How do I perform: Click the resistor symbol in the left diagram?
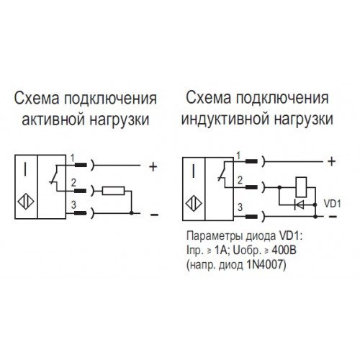click(113, 191)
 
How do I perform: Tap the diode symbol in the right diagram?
click(299, 204)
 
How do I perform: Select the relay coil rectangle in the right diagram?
click(301, 187)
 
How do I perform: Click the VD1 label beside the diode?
click(333, 204)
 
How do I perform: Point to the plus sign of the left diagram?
click(153, 166)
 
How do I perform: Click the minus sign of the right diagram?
click(333, 217)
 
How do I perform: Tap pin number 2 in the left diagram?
click(73, 183)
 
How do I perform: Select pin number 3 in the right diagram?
click(240, 207)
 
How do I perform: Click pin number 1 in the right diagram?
click(238, 156)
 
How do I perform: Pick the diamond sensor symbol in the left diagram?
click(26, 201)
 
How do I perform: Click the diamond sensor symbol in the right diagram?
click(194, 204)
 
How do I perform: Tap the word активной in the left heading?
click(53, 120)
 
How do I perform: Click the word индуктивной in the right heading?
click(225, 120)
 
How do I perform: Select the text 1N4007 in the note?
click(266, 266)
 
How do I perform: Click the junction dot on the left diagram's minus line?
click(131, 213)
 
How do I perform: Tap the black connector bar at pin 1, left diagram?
click(81, 165)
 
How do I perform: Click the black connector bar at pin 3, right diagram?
click(251, 217)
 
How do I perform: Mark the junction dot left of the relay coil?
click(279, 187)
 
